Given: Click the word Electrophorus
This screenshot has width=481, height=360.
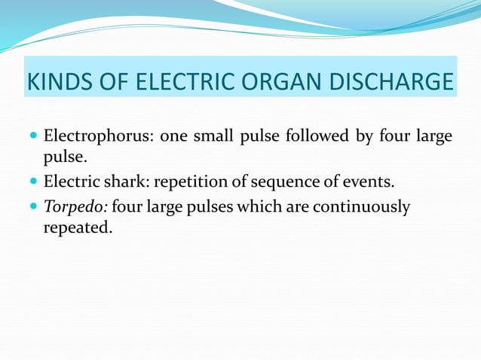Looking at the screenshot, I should click(97, 137).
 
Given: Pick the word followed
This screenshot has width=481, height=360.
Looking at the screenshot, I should click(311, 137).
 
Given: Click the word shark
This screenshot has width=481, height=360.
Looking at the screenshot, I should click(124, 182).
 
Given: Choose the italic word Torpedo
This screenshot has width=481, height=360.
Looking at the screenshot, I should click(75, 206).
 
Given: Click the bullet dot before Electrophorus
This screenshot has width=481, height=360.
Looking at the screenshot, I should click(32, 138).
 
